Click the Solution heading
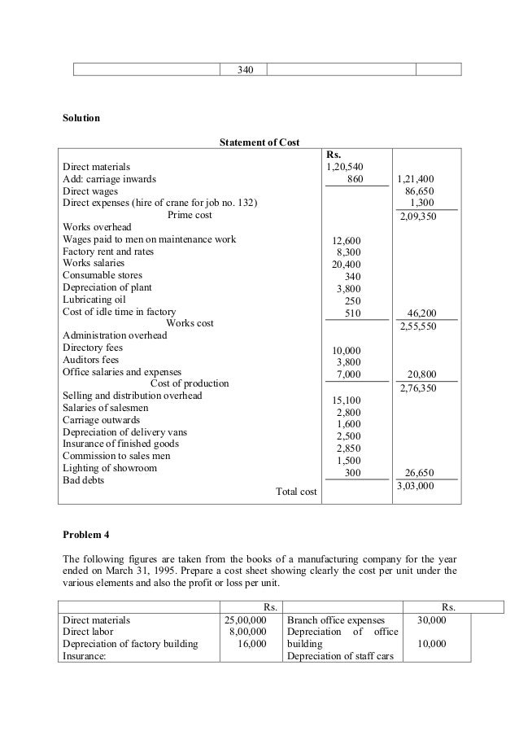pos(81,118)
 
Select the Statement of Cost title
pos(259,143)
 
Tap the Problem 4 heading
pos(85,535)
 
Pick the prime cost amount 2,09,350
pos(417,217)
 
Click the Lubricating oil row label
pos(91,300)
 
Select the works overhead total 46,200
pos(420,312)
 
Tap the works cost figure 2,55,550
pos(417,326)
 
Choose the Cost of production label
pos(190,383)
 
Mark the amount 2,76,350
pos(417,389)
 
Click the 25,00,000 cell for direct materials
pos(246,619)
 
